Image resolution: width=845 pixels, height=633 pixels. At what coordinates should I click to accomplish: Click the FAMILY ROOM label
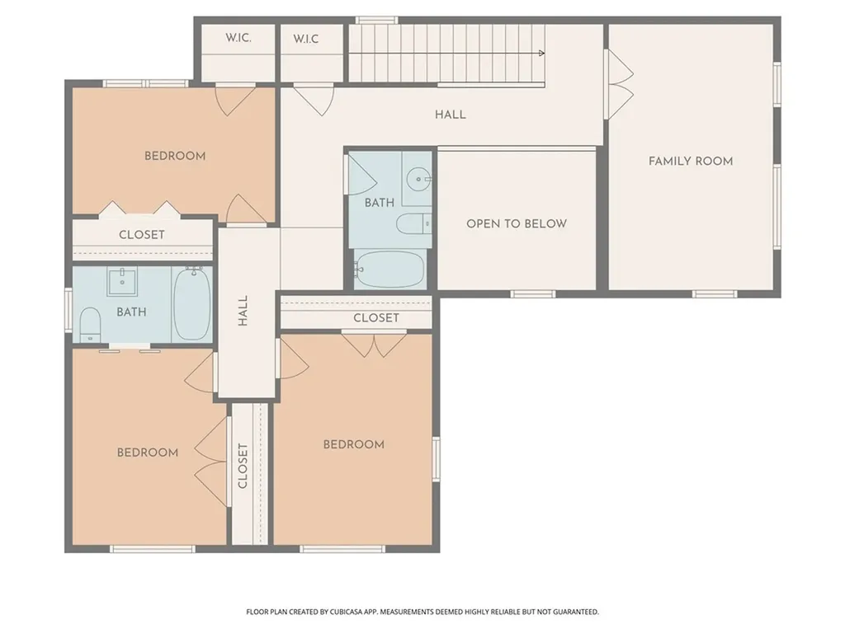[691, 161]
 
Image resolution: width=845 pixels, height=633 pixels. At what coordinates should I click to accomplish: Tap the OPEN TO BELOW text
[517, 223]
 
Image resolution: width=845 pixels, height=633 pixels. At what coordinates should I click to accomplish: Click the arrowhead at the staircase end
[541, 54]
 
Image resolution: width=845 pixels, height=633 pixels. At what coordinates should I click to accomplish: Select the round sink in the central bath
[418, 178]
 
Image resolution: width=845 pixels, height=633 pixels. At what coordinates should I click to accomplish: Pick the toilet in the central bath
[413, 223]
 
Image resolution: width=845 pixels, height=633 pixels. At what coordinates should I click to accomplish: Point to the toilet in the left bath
[90, 325]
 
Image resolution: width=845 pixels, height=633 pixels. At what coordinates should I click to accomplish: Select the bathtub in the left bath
[191, 303]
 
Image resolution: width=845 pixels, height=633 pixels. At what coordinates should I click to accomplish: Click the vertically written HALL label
[243, 311]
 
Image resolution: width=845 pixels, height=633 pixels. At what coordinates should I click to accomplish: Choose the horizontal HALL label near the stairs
[451, 115]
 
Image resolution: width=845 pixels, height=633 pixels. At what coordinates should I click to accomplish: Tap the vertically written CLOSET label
[243, 467]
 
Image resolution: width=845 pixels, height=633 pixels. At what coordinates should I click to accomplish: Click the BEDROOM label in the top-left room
[175, 156]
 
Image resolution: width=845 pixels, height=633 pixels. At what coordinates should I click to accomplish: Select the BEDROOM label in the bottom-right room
[353, 444]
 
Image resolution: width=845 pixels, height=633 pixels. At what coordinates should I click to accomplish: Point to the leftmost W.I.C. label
[238, 38]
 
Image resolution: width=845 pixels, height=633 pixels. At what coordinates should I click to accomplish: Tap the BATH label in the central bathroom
[380, 203]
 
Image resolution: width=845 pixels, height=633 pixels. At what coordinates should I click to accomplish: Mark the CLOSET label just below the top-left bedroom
[142, 235]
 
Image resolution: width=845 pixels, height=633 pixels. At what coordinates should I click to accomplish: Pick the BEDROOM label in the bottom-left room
[148, 452]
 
